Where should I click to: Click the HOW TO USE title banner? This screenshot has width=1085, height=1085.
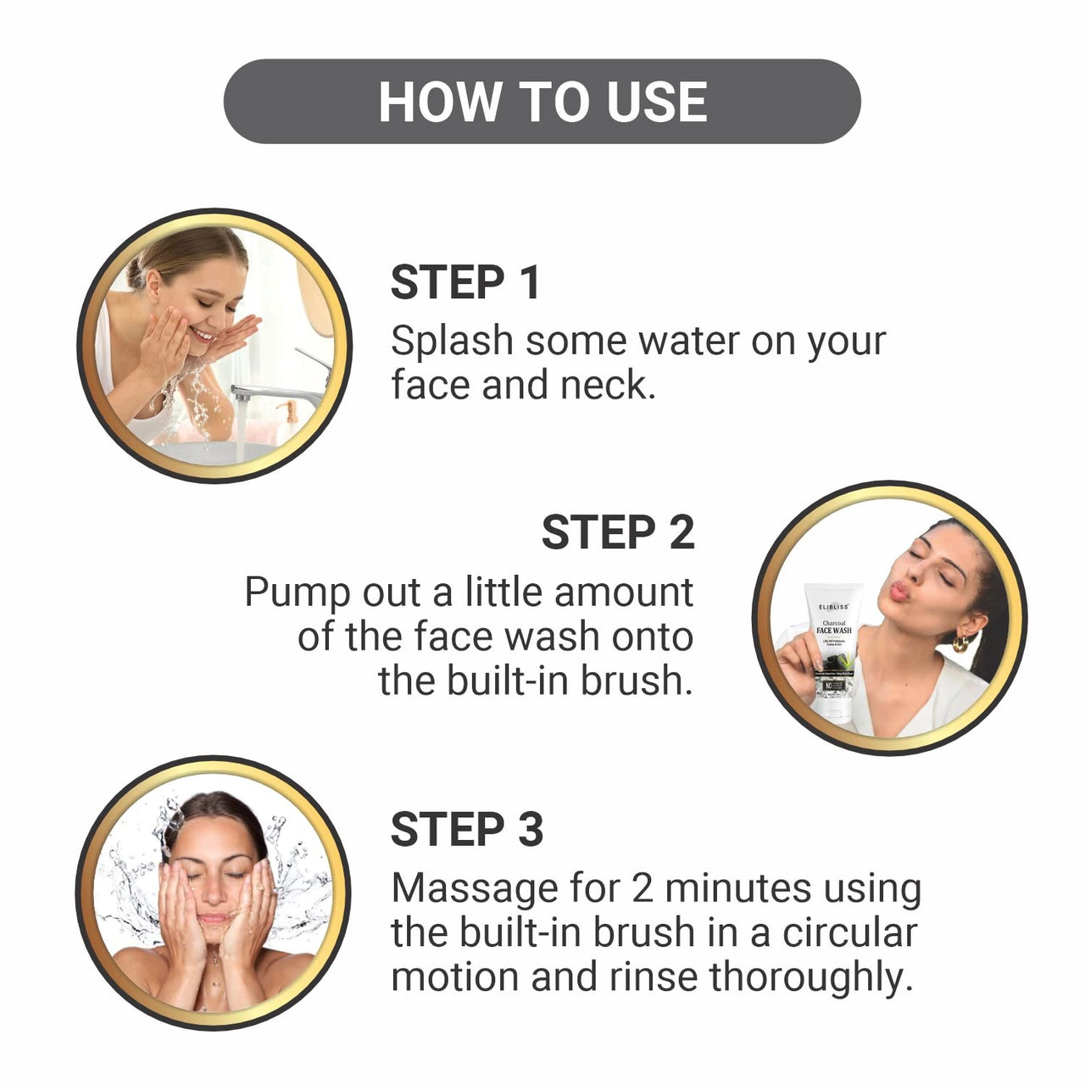pos(542,101)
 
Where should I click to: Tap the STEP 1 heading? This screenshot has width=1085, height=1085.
pos(465,282)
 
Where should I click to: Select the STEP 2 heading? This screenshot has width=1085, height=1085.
pos(618,532)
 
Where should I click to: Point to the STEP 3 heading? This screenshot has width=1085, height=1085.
pos(466,829)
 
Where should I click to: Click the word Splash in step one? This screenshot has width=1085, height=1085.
pos(452,342)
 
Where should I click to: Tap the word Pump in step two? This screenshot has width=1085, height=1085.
pos(296,593)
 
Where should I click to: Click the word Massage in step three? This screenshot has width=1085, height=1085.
pos(474,889)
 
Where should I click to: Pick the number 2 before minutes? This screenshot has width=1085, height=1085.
pos(643,889)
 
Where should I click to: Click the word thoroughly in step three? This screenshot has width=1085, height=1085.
pos(811,977)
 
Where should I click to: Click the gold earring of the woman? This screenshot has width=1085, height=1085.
pos(960,643)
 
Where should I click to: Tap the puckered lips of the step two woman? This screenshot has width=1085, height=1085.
pos(898,591)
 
